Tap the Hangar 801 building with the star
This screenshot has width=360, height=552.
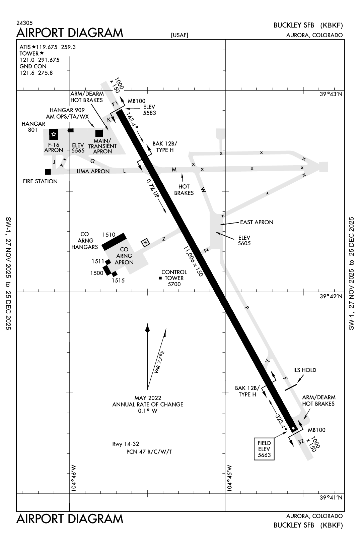point(54,134)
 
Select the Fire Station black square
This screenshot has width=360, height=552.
point(48,172)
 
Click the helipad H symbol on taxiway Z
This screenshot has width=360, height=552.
point(145,242)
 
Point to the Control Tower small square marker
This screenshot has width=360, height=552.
point(160,278)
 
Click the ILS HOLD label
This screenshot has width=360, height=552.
point(304,370)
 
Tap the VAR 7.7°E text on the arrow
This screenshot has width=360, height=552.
point(160,362)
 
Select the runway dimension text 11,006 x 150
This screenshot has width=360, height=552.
point(193,261)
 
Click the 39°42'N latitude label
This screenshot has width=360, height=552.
point(331,296)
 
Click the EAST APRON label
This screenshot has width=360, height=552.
point(257,222)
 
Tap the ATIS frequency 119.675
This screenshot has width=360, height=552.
point(48,47)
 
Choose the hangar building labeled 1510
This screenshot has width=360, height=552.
point(114,242)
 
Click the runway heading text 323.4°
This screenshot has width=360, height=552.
point(281,421)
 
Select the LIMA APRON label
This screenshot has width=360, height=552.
point(93,171)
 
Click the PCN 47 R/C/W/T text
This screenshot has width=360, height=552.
point(149,452)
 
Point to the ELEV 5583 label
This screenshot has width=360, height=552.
point(149,110)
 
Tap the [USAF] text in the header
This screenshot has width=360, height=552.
point(179,35)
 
